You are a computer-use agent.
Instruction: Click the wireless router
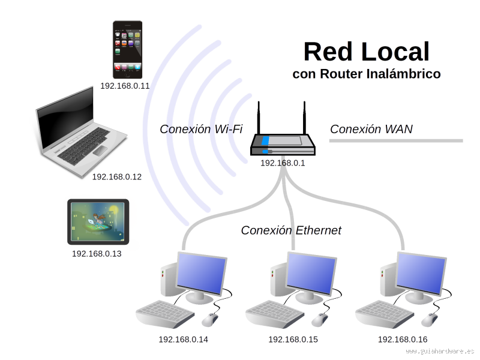[x=283, y=142]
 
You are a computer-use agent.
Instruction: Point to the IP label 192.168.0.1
[x=283, y=163]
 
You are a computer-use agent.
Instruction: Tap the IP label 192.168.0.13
[x=97, y=254]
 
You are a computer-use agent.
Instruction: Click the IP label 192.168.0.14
[x=183, y=340]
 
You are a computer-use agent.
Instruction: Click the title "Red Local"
[x=367, y=52]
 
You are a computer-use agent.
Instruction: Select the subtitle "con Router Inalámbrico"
[x=367, y=74]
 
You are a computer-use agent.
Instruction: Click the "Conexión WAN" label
[x=371, y=129]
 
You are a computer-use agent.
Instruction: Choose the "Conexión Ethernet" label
[x=292, y=230]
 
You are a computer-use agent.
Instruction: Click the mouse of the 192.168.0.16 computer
[x=430, y=319]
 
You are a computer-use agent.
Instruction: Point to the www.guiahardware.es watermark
[x=440, y=350]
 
